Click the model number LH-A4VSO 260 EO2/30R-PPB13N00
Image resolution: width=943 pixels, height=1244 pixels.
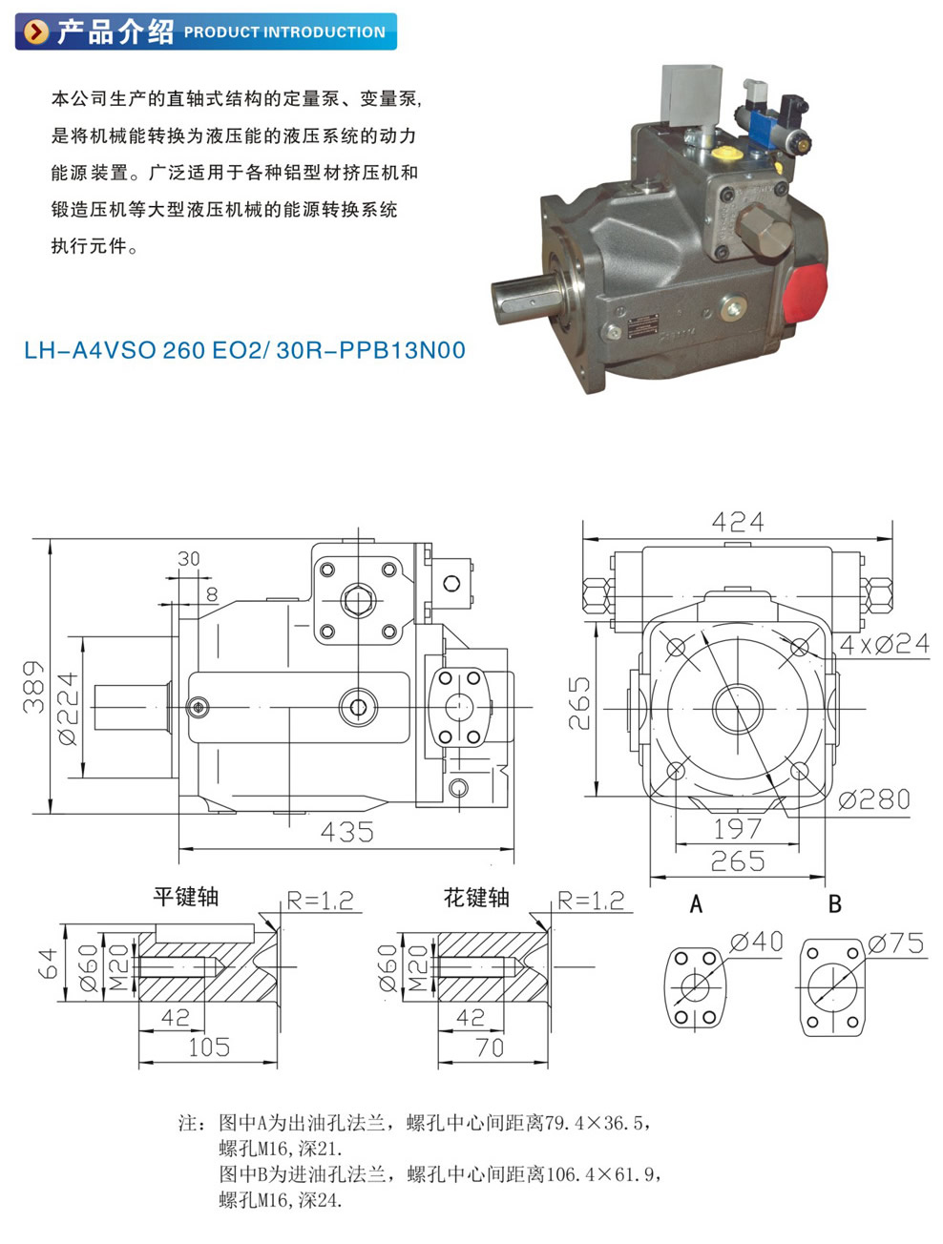244,350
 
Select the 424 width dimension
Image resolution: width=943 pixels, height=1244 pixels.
737,522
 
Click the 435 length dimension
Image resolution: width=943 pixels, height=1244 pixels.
347,832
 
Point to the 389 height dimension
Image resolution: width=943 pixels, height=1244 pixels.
33,686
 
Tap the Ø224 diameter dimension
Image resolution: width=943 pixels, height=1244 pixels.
68,709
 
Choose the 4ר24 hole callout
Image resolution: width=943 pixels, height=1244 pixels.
884,644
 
